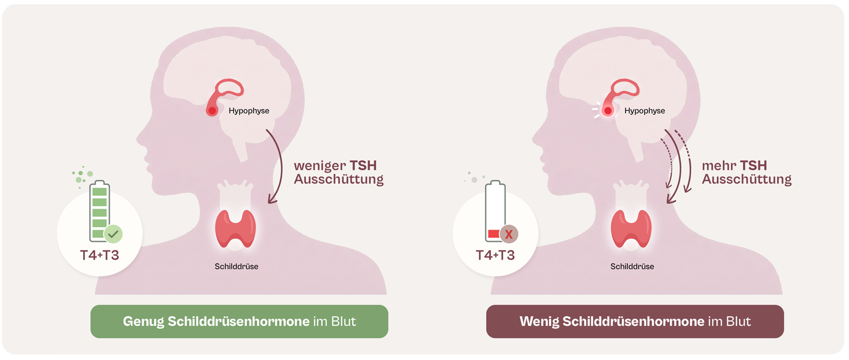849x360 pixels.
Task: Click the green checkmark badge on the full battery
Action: point(113,234)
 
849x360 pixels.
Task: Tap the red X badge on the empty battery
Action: point(509,234)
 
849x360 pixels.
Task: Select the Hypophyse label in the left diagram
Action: point(249,111)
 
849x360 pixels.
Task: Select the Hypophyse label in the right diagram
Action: point(644,111)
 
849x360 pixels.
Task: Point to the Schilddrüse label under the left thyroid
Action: point(237,267)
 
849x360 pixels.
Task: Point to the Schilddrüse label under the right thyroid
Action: point(632,267)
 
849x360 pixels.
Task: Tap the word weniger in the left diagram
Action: point(320,166)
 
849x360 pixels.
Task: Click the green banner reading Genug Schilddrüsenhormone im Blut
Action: point(239,321)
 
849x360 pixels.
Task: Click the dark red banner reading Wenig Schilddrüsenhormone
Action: point(635,321)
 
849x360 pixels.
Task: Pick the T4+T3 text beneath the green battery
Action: point(100,255)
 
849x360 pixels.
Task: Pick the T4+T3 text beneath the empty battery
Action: point(495,255)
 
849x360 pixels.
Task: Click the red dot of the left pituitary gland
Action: point(213,111)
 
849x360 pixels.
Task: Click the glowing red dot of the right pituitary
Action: point(608,111)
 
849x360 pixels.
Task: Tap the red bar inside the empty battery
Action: point(494,234)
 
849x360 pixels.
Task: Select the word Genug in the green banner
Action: point(143,322)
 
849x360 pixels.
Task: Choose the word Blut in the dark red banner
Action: point(738,321)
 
